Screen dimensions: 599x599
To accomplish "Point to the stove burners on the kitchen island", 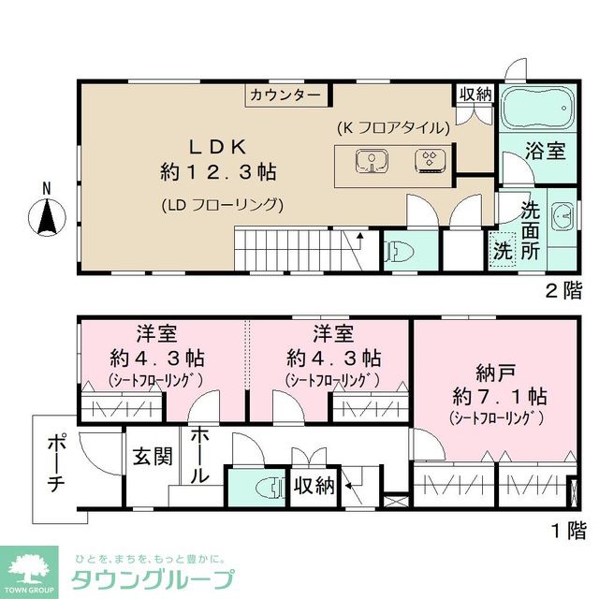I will point(430,162).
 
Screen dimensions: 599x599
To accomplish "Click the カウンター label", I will point(286,95).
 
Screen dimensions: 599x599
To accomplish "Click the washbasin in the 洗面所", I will point(562,218).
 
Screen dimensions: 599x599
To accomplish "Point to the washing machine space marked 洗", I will point(503,252).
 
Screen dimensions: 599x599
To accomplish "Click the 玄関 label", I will point(150,457).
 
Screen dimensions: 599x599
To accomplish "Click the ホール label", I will point(199,456).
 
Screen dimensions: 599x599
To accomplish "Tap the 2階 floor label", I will point(566,291).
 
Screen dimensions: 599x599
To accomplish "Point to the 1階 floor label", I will point(566,532).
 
